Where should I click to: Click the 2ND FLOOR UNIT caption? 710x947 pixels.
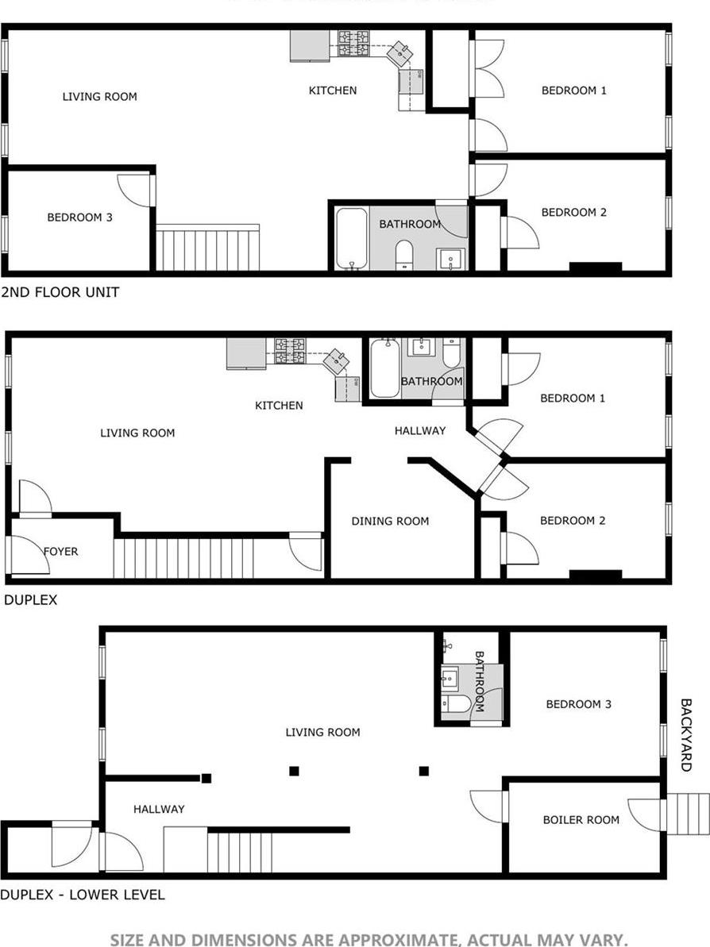(x=60, y=292)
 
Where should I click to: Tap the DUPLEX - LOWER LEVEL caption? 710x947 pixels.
(x=83, y=895)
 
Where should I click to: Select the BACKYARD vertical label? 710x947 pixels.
(x=686, y=735)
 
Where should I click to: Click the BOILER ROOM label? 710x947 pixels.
(x=581, y=819)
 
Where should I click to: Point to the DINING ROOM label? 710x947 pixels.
(x=390, y=521)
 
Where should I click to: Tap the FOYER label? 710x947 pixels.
(x=60, y=551)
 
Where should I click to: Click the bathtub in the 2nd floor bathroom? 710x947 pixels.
(x=350, y=238)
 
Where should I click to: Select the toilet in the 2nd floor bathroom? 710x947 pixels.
(x=404, y=254)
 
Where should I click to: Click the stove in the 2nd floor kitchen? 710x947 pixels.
(x=353, y=43)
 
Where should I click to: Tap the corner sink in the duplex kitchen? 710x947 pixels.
(x=336, y=361)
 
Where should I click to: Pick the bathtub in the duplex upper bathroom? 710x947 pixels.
(x=384, y=368)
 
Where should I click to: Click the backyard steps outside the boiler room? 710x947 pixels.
(x=688, y=814)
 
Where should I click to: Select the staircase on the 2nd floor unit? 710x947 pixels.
(x=207, y=248)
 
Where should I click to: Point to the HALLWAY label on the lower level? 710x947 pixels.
(x=159, y=809)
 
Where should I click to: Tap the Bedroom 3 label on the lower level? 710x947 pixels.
(x=578, y=704)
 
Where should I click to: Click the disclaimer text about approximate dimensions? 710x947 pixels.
(x=369, y=940)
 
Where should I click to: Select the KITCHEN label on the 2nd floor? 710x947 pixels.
(x=333, y=90)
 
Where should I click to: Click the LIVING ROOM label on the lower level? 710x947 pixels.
(x=322, y=732)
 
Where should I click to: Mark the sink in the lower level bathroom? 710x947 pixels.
(x=449, y=678)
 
